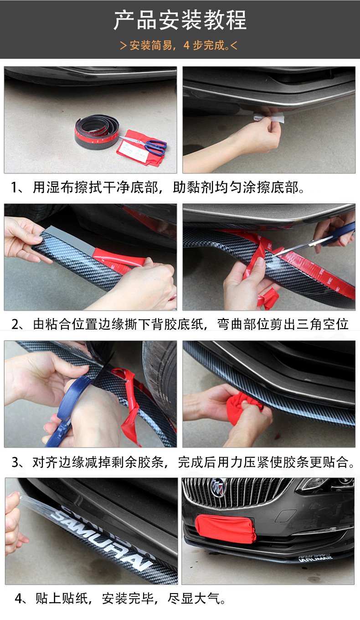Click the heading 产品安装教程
180,21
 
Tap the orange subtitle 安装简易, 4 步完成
178,46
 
